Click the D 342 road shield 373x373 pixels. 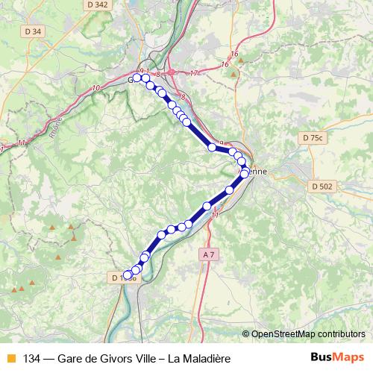pos(97,4)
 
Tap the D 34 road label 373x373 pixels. pos(33,31)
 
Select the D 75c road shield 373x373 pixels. pos(314,138)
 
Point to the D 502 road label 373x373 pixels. pos(322,186)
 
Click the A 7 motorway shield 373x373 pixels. pos(209,254)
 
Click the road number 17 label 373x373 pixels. pos(195,72)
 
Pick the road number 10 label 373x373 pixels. pos(96,89)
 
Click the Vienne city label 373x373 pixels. pos(256,171)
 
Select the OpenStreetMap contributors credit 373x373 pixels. pos(308,333)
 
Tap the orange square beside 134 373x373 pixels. pos(11,358)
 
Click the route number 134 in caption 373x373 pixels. pos(33,358)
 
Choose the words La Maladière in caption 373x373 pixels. pos(199,358)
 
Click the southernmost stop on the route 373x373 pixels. pos(128,276)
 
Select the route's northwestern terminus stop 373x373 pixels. pos(137,78)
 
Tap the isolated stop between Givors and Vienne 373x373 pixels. pos(212,148)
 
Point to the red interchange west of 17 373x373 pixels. pos(171,72)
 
